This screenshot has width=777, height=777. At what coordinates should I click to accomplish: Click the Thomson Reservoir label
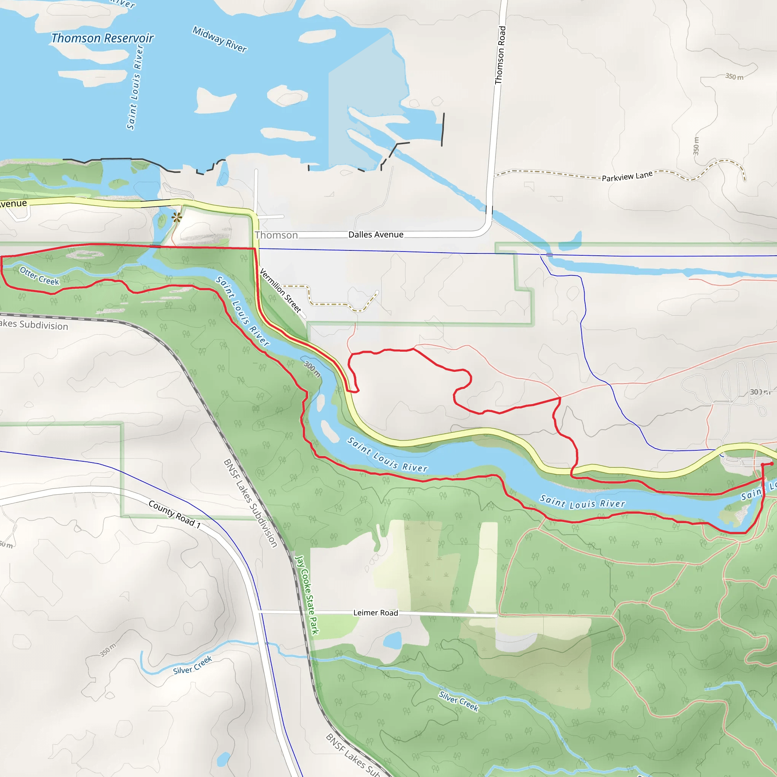pos(102,38)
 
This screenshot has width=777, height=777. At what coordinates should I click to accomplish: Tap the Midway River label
pos(220,39)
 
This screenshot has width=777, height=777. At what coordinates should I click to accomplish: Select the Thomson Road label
pos(500,55)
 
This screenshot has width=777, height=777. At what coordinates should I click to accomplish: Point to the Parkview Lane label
pos(627,176)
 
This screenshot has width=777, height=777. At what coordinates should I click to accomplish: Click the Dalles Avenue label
pos(376,234)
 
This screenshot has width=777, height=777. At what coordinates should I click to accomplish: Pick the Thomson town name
pos(276,235)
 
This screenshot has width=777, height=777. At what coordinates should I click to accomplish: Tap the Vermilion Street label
pos(280,290)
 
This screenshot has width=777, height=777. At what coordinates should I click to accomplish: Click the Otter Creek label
pos(39,276)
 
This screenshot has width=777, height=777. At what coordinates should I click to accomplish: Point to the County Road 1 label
pos(175,514)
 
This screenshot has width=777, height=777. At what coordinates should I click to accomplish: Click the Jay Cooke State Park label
pos(307,595)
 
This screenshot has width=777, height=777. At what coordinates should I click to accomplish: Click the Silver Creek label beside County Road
pos(192,665)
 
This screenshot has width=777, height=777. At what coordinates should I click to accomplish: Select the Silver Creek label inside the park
pos(458,701)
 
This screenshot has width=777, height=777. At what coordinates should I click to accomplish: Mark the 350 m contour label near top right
pos(734,76)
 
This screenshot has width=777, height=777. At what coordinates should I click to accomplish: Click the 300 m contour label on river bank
pos(312,369)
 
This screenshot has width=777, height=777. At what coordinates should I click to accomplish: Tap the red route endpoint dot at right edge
pos(771,464)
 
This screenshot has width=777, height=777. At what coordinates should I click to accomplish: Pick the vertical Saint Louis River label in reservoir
pos(135,88)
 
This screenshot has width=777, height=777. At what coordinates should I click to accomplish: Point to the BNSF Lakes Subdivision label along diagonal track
pos(250,503)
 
